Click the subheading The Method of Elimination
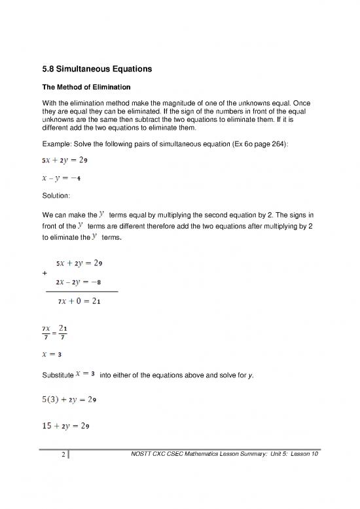coord(88,86)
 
